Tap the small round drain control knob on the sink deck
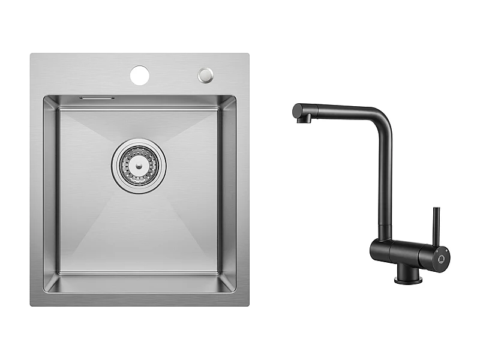coord(206,74)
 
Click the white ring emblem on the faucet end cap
coord(442,258)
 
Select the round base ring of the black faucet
coord(408,279)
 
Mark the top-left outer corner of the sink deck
coord(32,55)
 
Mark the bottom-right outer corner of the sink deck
coord(248,305)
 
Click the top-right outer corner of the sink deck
coord(248,55)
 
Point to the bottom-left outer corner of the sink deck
coord(32,305)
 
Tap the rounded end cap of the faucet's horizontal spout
coord(296,110)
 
